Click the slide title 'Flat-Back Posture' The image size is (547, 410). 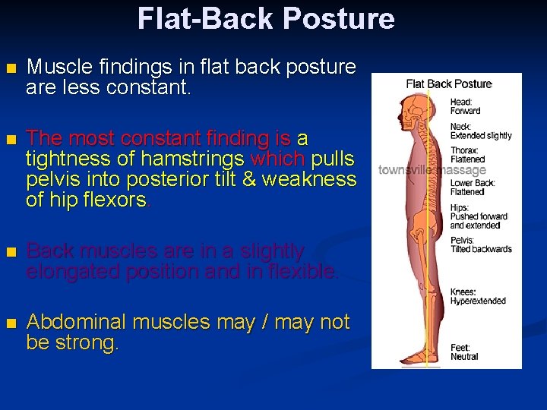[x=266, y=18]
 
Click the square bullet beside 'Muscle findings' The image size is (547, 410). [x=9, y=68]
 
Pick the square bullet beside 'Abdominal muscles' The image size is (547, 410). [x=9, y=323]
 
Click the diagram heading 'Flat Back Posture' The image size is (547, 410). [x=449, y=84]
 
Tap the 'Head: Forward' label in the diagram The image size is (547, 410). [x=465, y=106]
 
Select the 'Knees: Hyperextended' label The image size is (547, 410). [x=477, y=296]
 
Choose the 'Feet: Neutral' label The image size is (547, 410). [x=464, y=352]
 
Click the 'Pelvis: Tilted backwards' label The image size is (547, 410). [x=481, y=244]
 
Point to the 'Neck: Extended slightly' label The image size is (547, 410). [x=480, y=131]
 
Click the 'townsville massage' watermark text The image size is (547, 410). [x=432, y=170]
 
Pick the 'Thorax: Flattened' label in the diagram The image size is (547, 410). [x=467, y=155]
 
